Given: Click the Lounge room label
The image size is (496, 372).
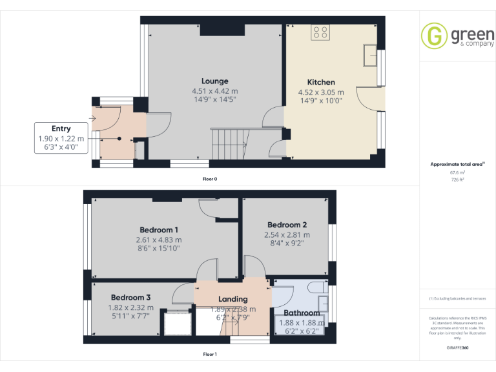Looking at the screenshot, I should pyautogui.click(x=214, y=81).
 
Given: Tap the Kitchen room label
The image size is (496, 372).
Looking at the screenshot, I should pyautogui.click(x=321, y=82).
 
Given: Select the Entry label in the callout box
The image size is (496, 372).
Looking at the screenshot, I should pyautogui.click(x=61, y=129).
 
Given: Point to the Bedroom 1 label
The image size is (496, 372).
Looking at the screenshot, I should pyautogui.click(x=159, y=230).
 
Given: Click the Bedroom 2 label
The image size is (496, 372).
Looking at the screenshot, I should pyautogui.click(x=287, y=225).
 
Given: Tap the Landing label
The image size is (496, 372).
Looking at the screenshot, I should pyautogui.click(x=232, y=299).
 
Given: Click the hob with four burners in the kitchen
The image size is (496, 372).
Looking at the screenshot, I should pyautogui.click(x=320, y=32).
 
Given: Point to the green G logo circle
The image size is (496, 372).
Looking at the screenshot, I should pyautogui.click(x=434, y=36).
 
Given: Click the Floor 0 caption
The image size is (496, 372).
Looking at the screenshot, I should pyautogui.click(x=209, y=179).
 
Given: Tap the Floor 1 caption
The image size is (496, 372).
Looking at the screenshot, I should pyautogui.click(x=209, y=354).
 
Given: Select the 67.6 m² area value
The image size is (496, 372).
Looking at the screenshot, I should pyautogui.click(x=457, y=172).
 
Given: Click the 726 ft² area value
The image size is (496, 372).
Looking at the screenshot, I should pyautogui.click(x=457, y=180).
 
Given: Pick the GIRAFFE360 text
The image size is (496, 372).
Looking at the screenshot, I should pyautogui.click(x=457, y=347).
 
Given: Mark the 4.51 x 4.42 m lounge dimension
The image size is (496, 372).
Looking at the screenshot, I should pyautogui.click(x=214, y=91).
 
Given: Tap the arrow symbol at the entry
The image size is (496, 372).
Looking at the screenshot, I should pyautogui.click(x=94, y=118).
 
